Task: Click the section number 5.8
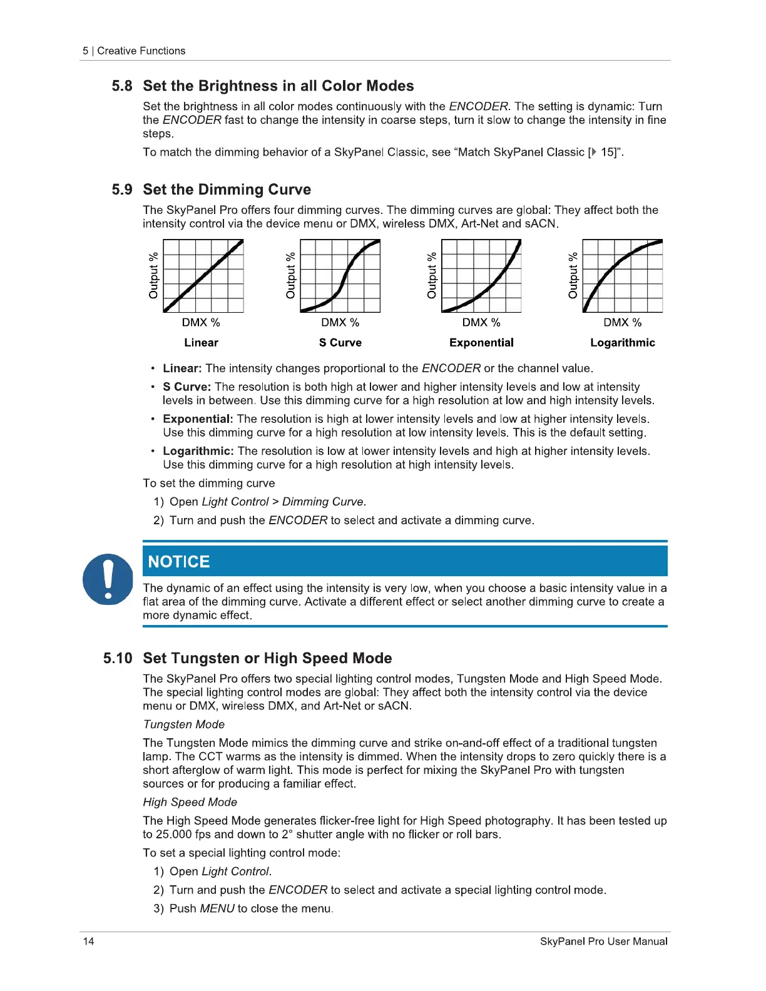(x=122, y=86)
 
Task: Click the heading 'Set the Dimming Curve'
(x=227, y=190)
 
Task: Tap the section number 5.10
(x=118, y=658)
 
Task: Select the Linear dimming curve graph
(x=203, y=276)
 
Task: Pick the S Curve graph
(x=340, y=276)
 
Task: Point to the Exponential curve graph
(x=481, y=276)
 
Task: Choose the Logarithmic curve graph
(x=623, y=276)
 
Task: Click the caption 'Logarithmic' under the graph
(x=623, y=343)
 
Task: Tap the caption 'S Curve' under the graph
(x=340, y=343)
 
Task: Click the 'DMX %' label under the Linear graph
(x=201, y=323)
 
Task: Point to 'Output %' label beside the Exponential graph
(x=432, y=275)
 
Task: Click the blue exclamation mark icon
(x=108, y=579)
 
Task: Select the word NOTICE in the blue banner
(x=179, y=562)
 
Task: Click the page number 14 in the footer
(x=88, y=942)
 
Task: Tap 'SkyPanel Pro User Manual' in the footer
(x=603, y=942)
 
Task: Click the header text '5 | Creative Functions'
(x=134, y=51)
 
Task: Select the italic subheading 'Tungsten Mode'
(x=184, y=724)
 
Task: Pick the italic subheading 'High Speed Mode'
(x=190, y=802)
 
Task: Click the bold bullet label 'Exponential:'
(x=198, y=419)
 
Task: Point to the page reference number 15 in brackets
(x=608, y=153)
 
